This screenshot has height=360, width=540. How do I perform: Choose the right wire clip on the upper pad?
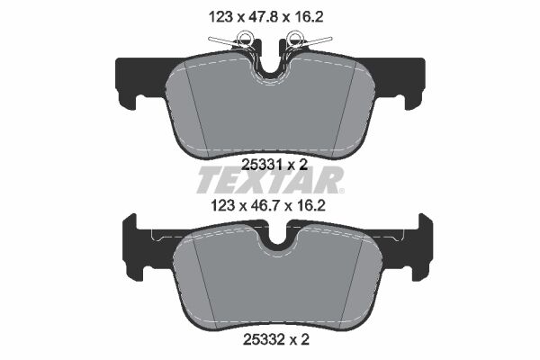pyautogui.click(x=303, y=40)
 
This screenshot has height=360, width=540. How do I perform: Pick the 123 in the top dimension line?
pyautogui.click(x=210, y=15)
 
